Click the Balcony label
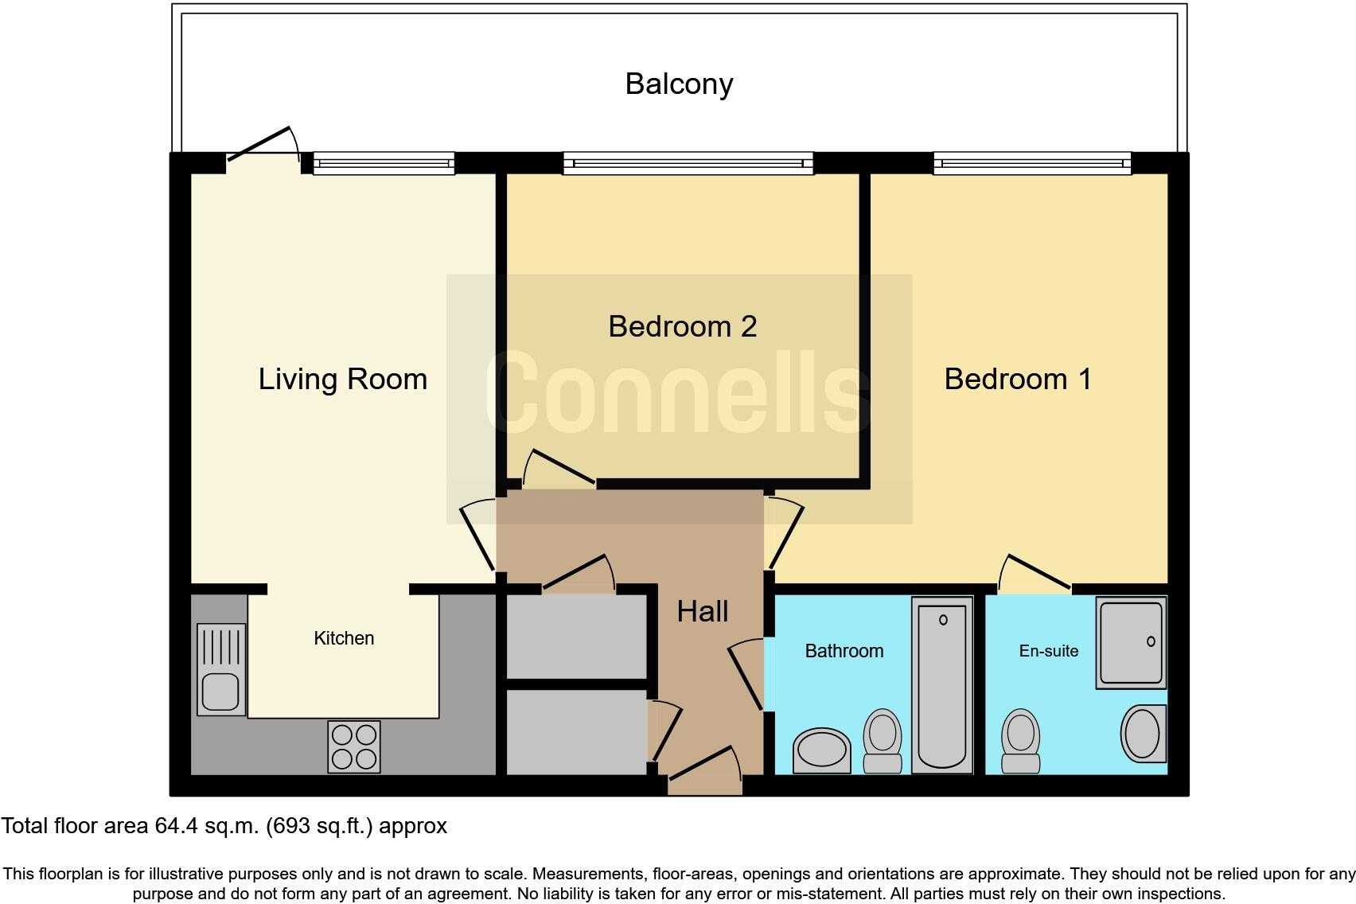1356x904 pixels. point(679,84)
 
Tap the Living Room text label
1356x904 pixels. point(342,379)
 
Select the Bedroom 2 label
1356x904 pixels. point(682,326)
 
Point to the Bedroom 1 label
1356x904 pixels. point(1017,379)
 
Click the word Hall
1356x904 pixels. point(702,611)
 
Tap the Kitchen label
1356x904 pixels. point(344,638)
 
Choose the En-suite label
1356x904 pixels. point(1048,651)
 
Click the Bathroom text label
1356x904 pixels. point(844,651)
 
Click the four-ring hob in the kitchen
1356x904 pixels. point(354,746)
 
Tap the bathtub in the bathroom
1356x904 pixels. point(942,684)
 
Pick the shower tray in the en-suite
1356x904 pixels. point(1131,643)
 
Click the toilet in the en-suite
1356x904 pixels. point(1021,740)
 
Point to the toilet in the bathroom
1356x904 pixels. point(883,740)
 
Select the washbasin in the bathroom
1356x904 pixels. point(822,750)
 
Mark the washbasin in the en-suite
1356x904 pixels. point(1143,733)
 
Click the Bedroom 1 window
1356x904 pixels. point(1031,164)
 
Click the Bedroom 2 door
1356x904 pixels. point(561,468)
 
